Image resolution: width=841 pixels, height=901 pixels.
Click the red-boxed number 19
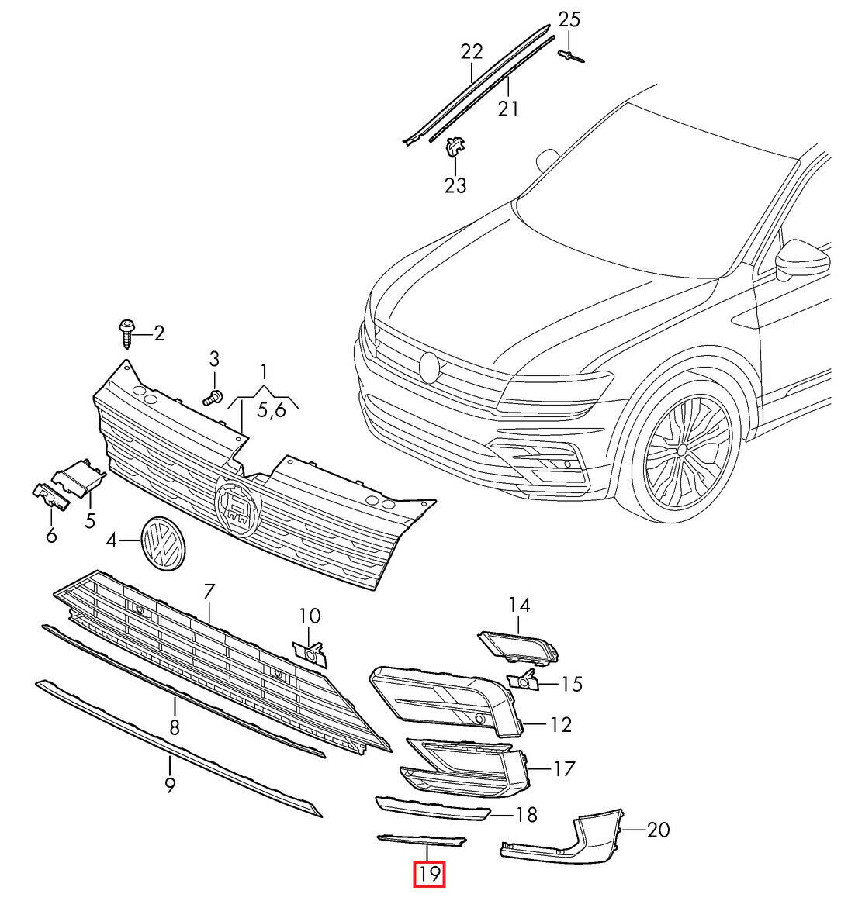[430, 875]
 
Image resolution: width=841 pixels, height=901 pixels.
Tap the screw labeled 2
[126, 334]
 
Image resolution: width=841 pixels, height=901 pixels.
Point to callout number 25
[569, 19]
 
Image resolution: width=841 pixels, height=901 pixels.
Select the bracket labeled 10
[310, 654]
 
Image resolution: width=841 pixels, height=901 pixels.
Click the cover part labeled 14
[517, 647]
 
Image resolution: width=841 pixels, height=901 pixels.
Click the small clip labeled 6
[50, 497]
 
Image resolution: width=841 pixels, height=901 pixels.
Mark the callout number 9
[170, 785]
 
